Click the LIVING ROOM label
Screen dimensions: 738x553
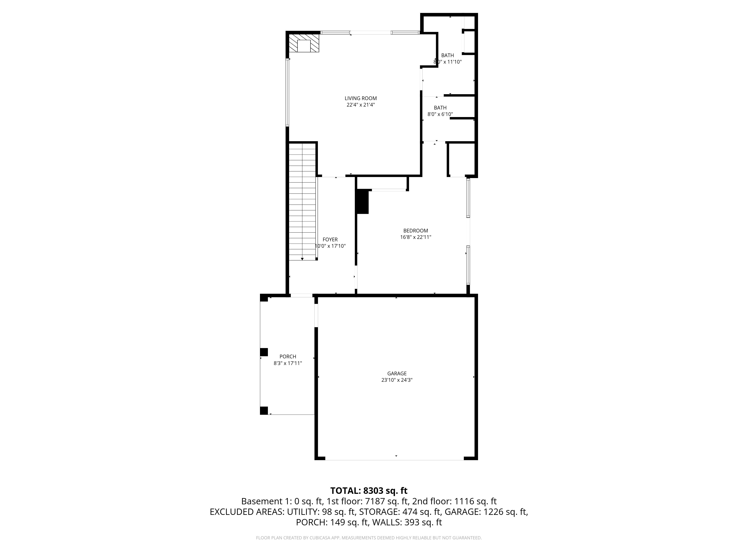coord(361,98)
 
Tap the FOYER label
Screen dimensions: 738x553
coord(330,240)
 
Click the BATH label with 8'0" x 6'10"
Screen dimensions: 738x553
coord(440,108)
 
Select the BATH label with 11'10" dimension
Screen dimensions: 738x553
coord(447,55)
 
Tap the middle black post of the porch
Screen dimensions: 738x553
coord(264,352)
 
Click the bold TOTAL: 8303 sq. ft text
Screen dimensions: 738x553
coord(369,491)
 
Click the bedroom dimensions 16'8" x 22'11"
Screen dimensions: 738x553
coord(416,237)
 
